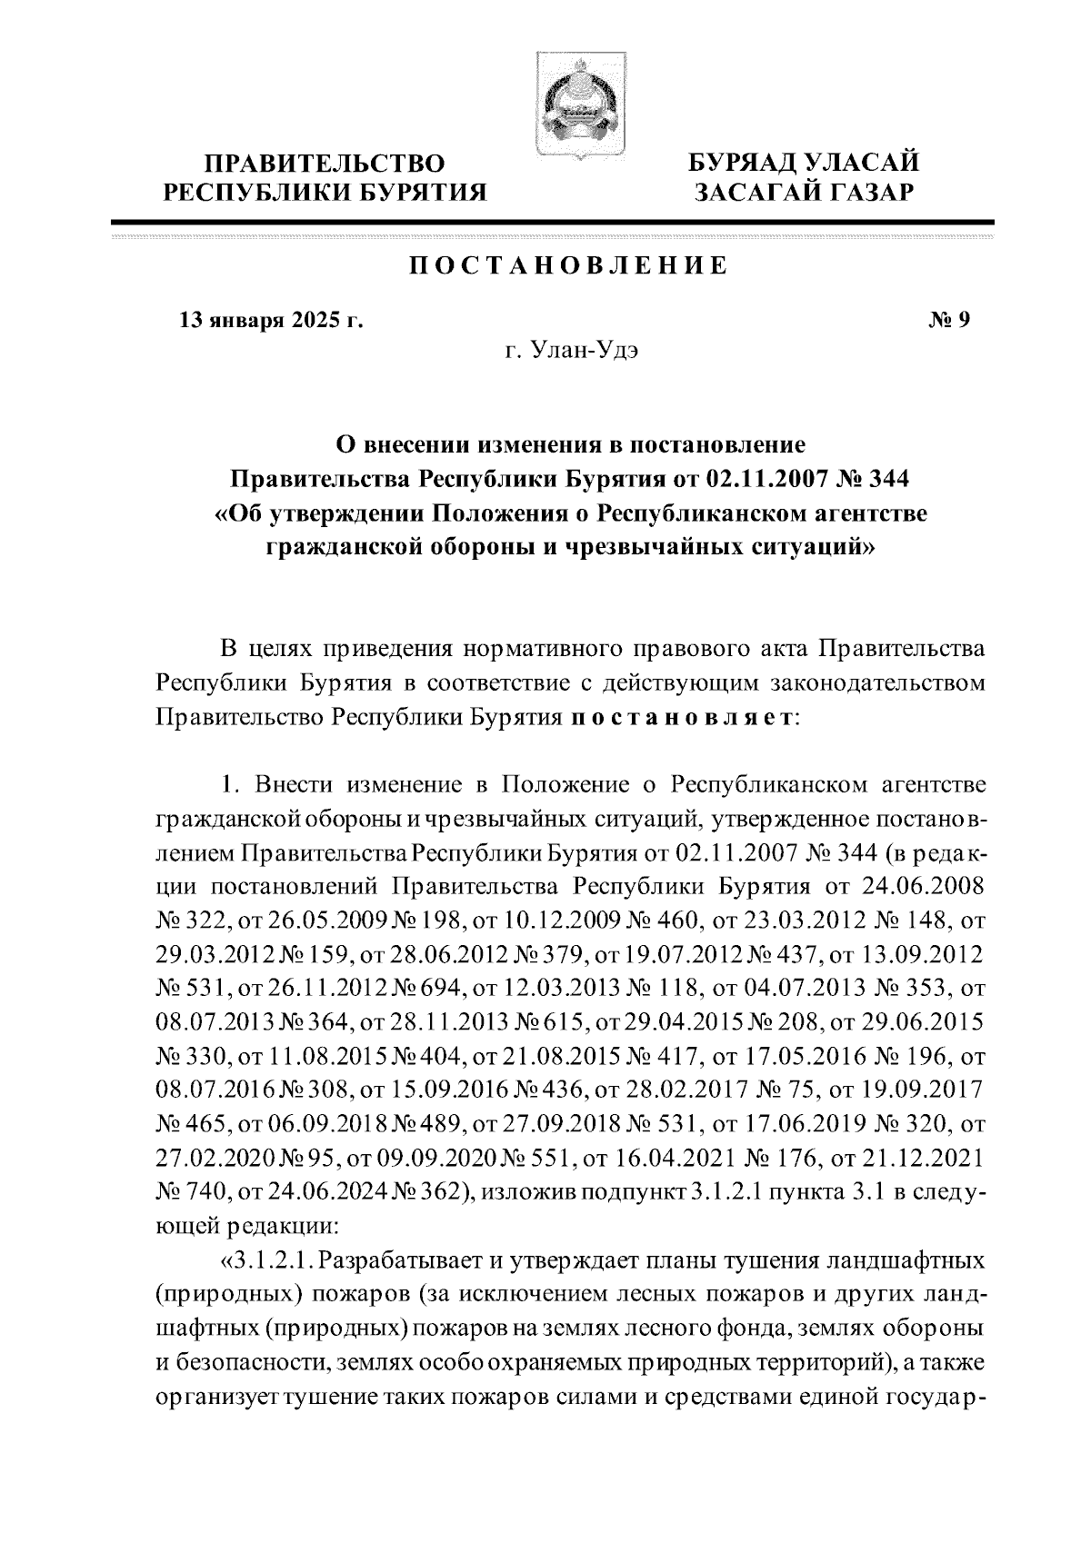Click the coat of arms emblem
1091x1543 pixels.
coord(571,107)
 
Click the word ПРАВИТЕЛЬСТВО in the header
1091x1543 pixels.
coord(325,164)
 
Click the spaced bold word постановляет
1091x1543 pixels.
coord(682,717)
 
